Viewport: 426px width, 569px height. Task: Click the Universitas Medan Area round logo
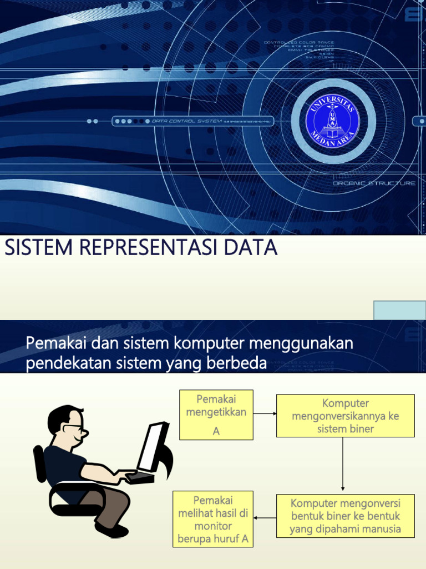coord(333,121)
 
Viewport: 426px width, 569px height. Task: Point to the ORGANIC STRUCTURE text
coord(374,183)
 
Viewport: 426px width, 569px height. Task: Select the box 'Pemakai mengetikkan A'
coord(216,415)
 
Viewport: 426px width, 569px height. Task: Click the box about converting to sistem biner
coord(345,416)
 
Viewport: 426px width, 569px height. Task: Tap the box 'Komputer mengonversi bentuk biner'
coord(345,516)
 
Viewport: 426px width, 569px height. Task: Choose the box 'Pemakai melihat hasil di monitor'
coord(213,518)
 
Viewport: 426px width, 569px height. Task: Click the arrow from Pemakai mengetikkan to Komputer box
coord(265,413)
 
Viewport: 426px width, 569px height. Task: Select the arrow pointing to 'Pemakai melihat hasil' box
coord(265,518)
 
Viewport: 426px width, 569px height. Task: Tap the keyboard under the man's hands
coord(139,477)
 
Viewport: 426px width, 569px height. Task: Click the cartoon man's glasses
coord(74,428)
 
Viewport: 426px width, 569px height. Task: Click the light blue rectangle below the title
coord(399,310)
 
